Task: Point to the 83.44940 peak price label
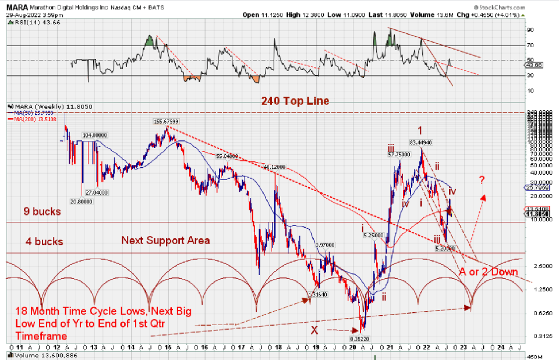click(420, 142)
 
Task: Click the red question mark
click(482, 179)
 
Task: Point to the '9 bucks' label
click(42, 212)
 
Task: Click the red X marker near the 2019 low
click(314, 330)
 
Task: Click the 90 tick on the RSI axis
click(546, 29)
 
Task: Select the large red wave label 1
click(419, 130)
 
